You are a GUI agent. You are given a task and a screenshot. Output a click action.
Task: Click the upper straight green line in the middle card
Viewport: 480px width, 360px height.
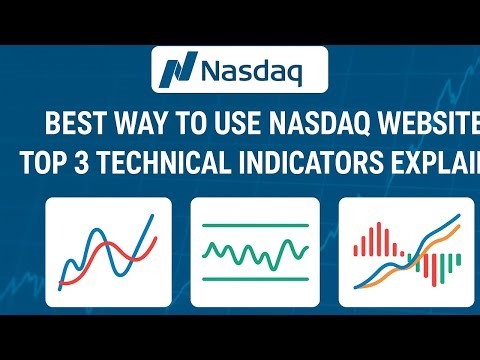254,225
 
